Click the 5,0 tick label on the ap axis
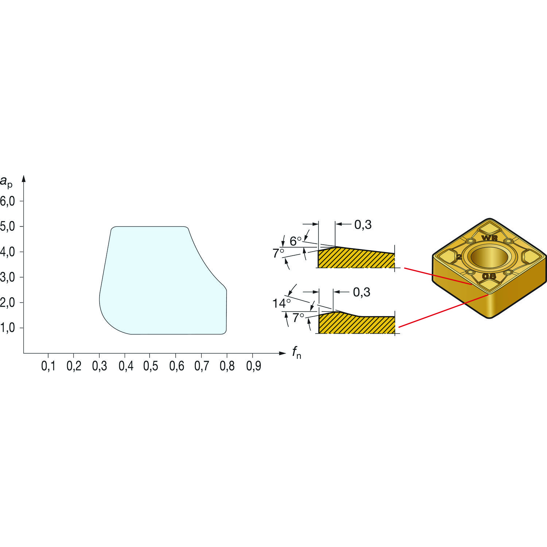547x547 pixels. tap(7, 227)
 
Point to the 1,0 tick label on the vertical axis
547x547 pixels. tap(7, 328)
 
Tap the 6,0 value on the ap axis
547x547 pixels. tap(7, 201)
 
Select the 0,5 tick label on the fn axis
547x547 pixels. tap(151, 366)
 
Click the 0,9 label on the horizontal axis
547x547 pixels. tap(253, 366)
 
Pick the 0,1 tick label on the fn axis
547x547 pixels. tap(48, 366)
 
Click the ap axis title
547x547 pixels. tap(6, 181)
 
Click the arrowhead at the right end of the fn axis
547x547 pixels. tap(283, 353)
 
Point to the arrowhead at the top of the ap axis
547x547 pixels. tap(24, 179)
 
